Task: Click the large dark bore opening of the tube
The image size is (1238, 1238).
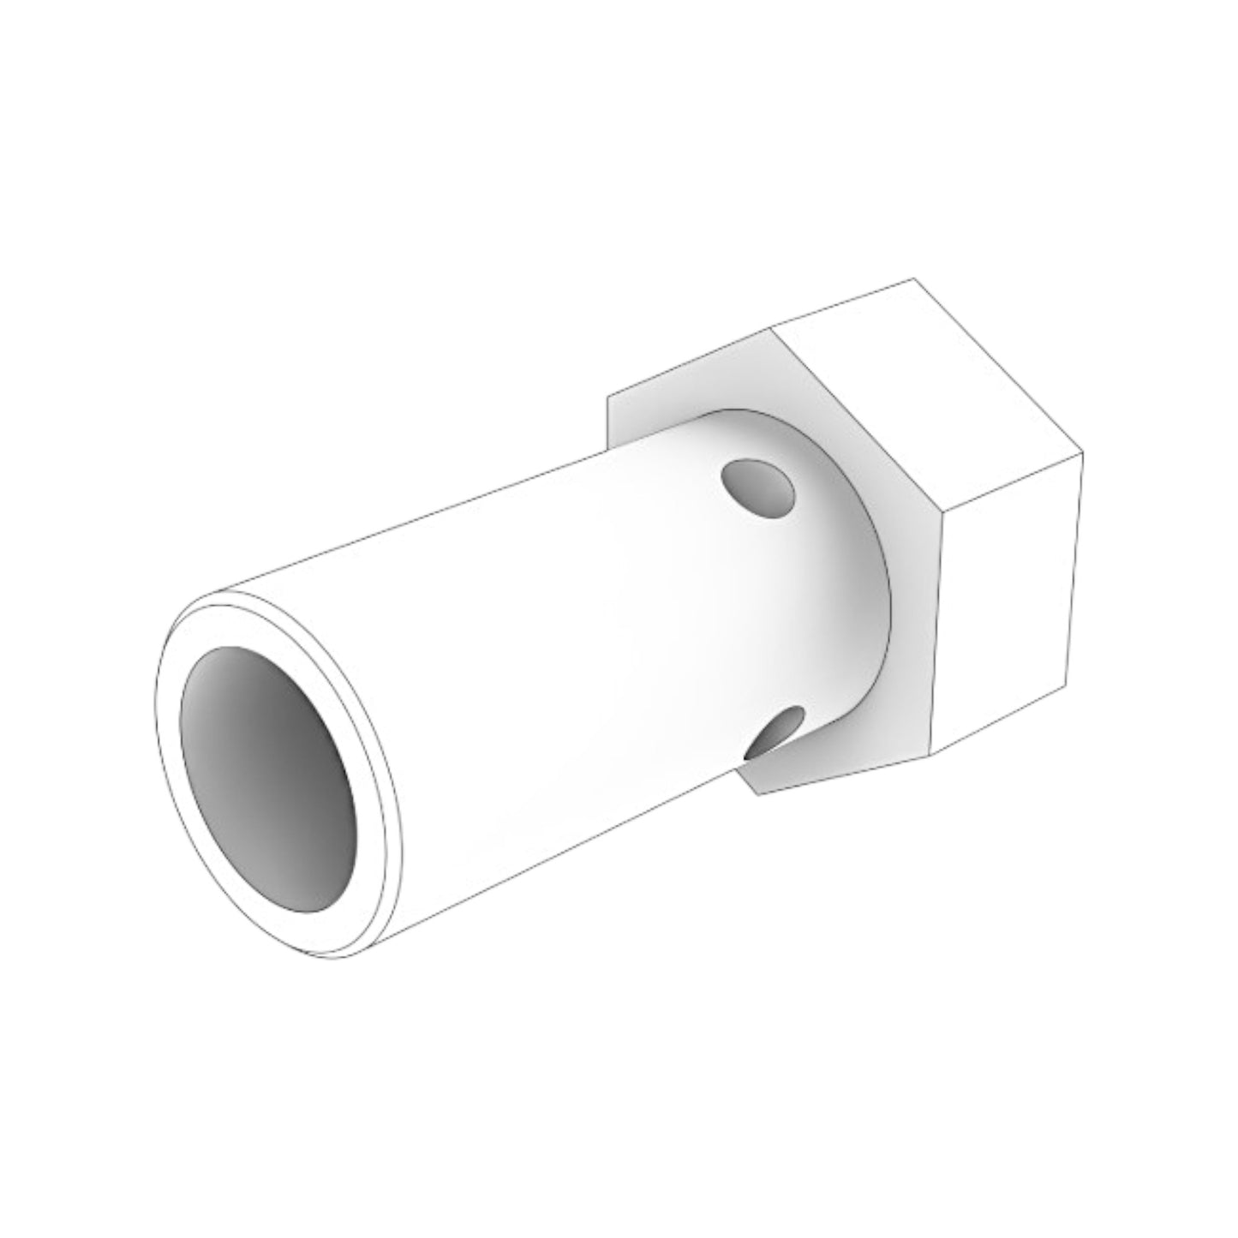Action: pyautogui.click(x=268, y=778)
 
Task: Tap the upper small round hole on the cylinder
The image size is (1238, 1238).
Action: pyautogui.click(x=759, y=489)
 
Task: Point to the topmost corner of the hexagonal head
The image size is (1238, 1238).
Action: pyautogui.click(x=914, y=279)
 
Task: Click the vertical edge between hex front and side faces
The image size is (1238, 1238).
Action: pyautogui.click(x=936, y=634)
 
